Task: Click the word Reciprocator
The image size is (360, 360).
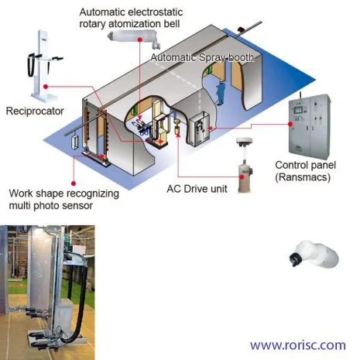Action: pos(35,111)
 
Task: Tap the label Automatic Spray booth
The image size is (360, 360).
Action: pos(202,57)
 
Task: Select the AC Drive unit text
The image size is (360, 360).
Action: pos(197,189)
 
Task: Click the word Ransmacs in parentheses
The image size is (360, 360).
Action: pos(303,177)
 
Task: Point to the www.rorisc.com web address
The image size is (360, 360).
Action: pos(298,345)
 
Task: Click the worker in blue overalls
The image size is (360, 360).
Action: pos(221,92)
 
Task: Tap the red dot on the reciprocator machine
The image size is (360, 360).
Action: pos(46,87)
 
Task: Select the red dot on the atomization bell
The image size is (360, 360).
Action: pos(140,39)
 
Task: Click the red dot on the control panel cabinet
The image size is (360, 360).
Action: pos(290,124)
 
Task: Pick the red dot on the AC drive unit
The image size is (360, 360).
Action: pos(242,177)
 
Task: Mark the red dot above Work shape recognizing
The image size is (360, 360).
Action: pos(74,183)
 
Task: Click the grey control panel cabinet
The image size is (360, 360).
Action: pos(310,127)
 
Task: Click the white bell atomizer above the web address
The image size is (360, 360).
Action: pos(314,254)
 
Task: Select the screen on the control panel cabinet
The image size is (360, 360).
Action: pos(298,109)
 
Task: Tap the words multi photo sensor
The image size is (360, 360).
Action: pos(51,206)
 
